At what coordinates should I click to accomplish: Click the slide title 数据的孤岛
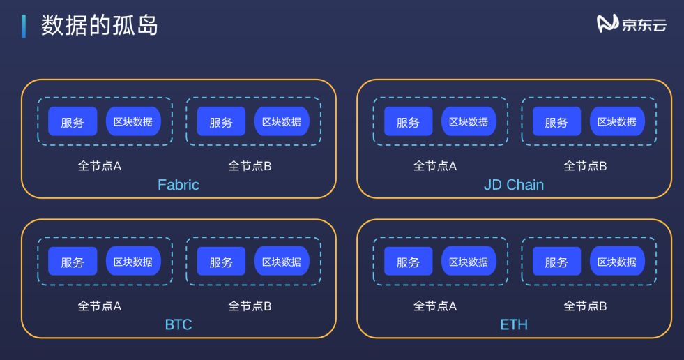(x=99, y=25)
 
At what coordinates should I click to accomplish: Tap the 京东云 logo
(x=632, y=24)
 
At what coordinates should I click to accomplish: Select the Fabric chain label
(x=178, y=185)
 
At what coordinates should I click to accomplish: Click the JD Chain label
(x=514, y=185)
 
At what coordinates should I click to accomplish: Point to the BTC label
(x=178, y=324)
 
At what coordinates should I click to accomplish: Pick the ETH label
(x=514, y=324)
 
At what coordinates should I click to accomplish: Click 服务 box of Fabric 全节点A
(x=73, y=121)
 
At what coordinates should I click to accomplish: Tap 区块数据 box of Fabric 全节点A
(x=133, y=121)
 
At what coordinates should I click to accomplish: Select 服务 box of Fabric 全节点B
(x=221, y=121)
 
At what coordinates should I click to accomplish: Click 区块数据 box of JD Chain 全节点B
(x=617, y=121)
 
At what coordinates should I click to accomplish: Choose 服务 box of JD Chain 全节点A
(x=408, y=121)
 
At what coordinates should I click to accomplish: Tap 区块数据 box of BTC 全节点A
(x=133, y=262)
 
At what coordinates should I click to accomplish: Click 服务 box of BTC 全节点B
(x=221, y=262)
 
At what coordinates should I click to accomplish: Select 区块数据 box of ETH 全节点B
(x=617, y=262)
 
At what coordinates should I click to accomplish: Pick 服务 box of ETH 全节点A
(x=408, y=262)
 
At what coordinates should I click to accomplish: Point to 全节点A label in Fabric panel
(x=99, y=166)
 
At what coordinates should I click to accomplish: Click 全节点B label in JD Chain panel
(x=585, y=166)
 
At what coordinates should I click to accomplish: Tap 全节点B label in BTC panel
(x=250, y=306)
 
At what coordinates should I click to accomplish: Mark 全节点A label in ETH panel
(x=435, y=306)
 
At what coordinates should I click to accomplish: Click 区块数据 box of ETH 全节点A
(x=469, y=262)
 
